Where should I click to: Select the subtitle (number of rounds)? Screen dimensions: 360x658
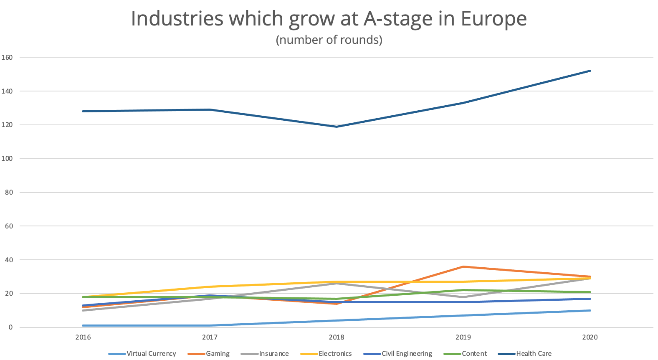[329, 40]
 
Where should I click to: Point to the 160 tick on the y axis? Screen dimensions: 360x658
[7, 57]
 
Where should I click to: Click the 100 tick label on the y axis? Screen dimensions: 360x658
[7, 159]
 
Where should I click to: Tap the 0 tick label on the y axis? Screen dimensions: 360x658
[10, 327]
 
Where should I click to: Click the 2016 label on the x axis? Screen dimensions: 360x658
[83, 337]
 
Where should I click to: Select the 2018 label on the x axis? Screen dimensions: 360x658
[337, 337]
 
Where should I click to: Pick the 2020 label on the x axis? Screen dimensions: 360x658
[590, 337]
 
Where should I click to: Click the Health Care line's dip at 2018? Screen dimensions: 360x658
[337, 127]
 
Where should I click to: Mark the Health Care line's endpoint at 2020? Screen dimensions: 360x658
[590, 71]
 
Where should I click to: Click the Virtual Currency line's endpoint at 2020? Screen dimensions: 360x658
[590, 310]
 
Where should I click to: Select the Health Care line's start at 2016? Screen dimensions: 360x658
[83, 111]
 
